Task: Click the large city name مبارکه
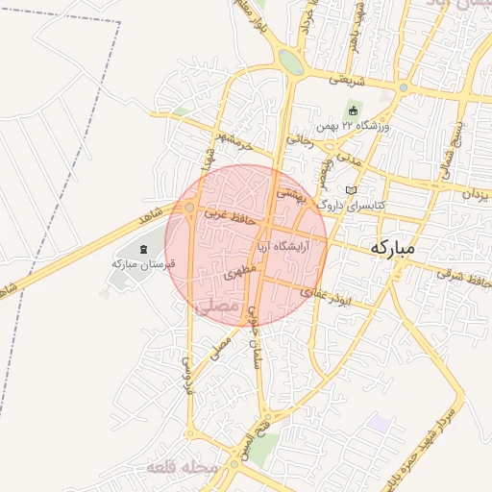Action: [392, 247]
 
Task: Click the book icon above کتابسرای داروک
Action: [351, 189]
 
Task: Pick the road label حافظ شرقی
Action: [457, 274]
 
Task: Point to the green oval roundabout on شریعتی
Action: [290, 61]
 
